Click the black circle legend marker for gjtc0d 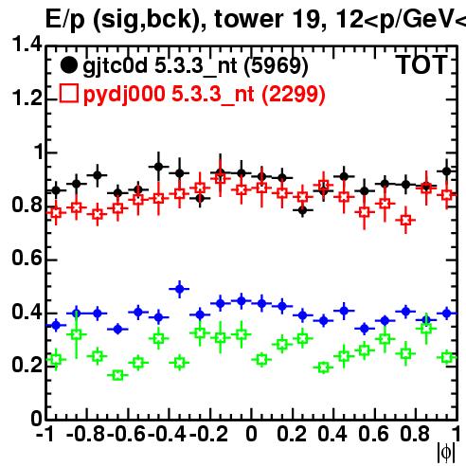pyautogui.click(x=68, y=65)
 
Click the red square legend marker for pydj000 pyautogui.click(x=68, y=93)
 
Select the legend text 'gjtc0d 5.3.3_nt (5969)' pyautogui.click(x=195, y=66)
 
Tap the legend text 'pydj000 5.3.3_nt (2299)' pyautogui.click(x=205, y=95)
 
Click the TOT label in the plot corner pyautogui.click(x=421, y=64)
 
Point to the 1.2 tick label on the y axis pyautogui.click(x=27, y=99)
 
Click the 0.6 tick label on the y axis pyautogui.click(x=27, y=259)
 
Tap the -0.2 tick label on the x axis pyautogui.click(x=208, y=434)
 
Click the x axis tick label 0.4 pyautogui.click(x=332, y=434)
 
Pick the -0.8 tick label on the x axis pyautogui.click(x=85, y=434)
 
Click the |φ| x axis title pyautogui.click(x=446, y=453)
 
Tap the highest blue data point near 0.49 pyautogui.click(x=179, y=289)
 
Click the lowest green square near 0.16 pyautogui.click(x=117, y=375)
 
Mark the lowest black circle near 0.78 pyautogui.click(x=302, y=210)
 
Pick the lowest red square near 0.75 pyautogui.click(x=405, y=220)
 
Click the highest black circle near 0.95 pyautogui.click(x=159, y=167)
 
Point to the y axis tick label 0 pyautogui.click(x=36, y=419)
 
